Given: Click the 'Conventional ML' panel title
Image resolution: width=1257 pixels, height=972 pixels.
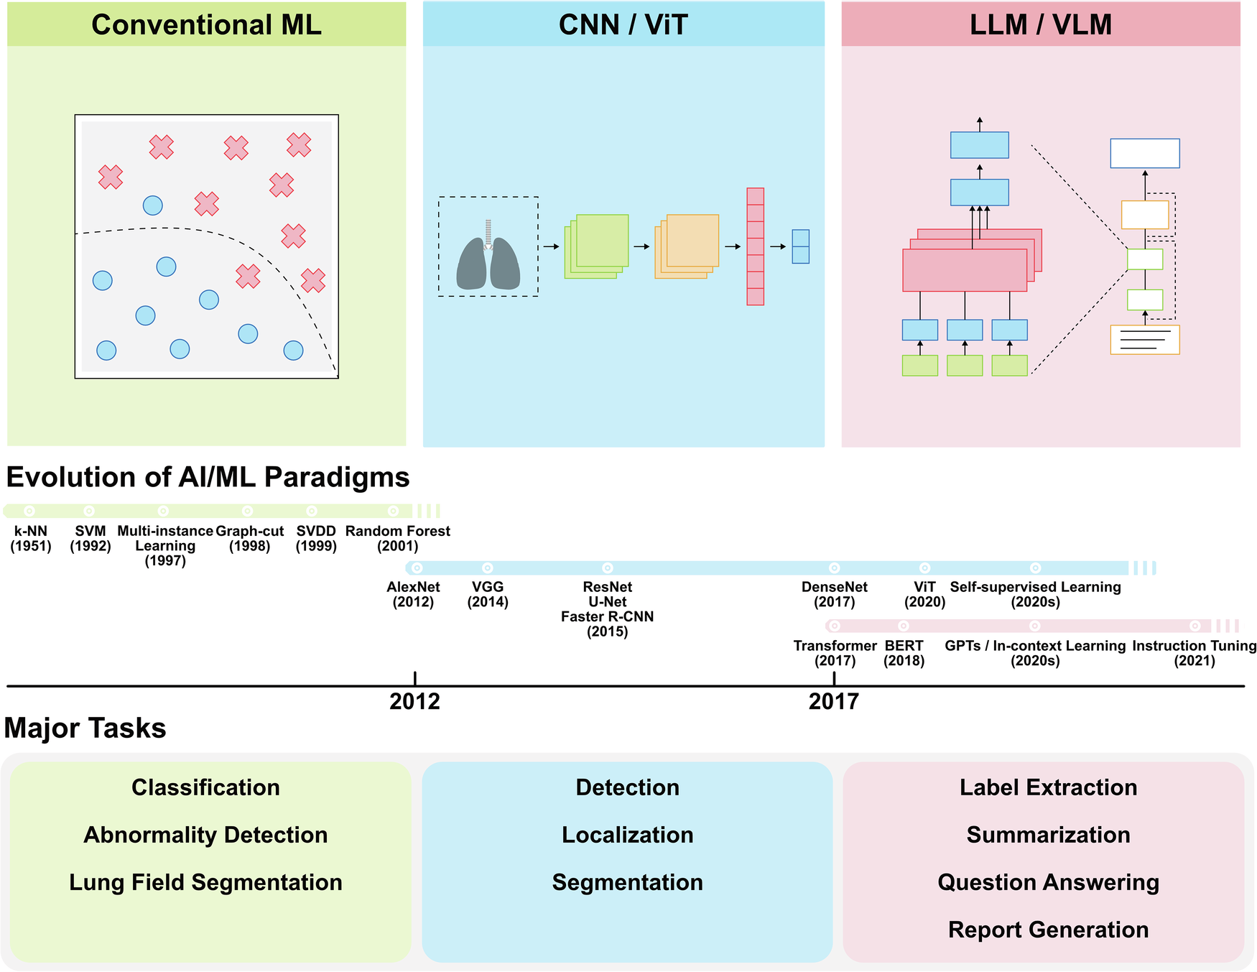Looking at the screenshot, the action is click(x=206, y=25).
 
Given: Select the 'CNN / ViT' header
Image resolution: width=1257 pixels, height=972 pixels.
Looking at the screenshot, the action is click(x=623, y=25).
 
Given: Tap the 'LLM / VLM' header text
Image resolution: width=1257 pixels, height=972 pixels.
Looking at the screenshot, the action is click(x=1041, y=25).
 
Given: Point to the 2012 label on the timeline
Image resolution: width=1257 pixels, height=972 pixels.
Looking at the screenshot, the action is click(x=414, y=701).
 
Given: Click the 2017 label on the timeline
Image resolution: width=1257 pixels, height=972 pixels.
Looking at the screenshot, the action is click(x=834, y=701).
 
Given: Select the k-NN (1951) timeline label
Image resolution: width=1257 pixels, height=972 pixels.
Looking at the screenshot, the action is click(x=31, y=539).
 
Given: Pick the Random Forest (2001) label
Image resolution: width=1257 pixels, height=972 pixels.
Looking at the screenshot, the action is click(x=398, y=539).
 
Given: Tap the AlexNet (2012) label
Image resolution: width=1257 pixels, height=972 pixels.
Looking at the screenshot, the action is click(x=413, y=595).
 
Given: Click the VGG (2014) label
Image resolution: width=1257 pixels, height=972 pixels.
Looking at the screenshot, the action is click(x=488, y=595).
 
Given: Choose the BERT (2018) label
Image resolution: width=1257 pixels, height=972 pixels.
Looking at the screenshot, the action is click(x=904, y=654).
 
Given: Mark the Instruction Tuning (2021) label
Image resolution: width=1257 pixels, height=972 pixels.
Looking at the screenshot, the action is click(x=1195, y=654).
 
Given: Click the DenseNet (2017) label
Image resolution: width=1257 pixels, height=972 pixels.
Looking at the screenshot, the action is click(x=835, y=595).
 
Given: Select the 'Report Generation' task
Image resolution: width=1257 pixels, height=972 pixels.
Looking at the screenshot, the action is click(x=1048, y=930).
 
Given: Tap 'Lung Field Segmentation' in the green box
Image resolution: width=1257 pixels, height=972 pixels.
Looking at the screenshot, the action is click(x=205, y=882).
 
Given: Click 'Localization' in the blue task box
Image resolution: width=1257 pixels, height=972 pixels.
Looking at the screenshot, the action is click(x=627, y=835).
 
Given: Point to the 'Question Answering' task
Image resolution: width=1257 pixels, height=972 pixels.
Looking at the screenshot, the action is click(x=1048, y=882).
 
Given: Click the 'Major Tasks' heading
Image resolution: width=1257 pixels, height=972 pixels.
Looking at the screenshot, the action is click(x=85, y=728).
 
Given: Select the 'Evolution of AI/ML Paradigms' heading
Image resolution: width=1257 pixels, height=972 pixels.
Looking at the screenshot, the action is click(x=208, y=478).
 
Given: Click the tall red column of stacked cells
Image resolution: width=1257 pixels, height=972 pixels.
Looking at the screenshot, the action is click(x=755, y=246).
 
